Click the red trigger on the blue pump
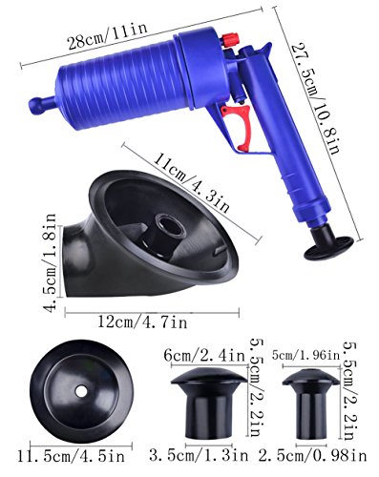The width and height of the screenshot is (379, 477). pyautogui.click(x=242, y=127)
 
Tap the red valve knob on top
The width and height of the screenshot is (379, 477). pyautogui.click(x=229, y=40)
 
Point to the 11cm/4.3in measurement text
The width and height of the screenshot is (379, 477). pyautogui.click(x=191, y=182)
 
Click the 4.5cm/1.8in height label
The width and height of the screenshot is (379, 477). pyautogui.click(x=51, y=263)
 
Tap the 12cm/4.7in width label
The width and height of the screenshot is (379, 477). pyautogui.click(x=142, y=322)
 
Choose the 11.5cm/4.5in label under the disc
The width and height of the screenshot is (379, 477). pyautogui.click(x=72, y=457)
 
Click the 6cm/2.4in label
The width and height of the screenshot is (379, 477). pyautogui.click(x=204, y=355)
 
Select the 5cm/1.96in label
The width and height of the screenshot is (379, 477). pyautogui.click(x=305, y=355)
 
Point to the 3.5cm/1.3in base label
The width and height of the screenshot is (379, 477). pyautogui.click(x=199, y=455)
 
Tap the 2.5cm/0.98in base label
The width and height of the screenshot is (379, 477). pyautogui.click(x=312, y=456)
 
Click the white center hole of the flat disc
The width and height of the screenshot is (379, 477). pyautogui.click(x=81, y=391)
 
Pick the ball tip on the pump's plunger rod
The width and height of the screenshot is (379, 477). pyautogui.click(x=37, y=105)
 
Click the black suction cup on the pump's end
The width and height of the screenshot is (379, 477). pyautogui.click(x=328, y=243)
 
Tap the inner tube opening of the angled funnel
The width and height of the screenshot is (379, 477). pyautogui.click(x=170, y=225)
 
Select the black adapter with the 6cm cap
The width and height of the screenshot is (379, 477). pyautogui.click(x=209, y=402)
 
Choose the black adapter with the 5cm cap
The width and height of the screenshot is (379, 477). pyautogui.click(x=311, y=404)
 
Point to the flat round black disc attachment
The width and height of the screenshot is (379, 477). pyautogui.click(x=81, y=391)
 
